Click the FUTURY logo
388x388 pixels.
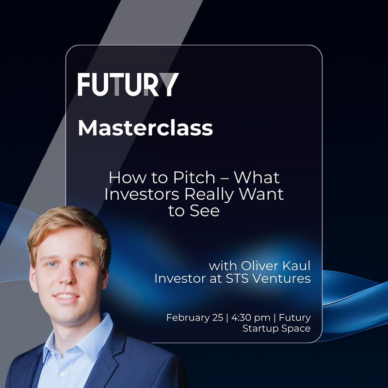point(128,84)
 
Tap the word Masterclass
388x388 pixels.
point(145,128)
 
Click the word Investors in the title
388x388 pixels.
point(142,194)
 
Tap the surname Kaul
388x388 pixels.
point(296,266)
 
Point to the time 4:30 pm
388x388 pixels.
point(251,318)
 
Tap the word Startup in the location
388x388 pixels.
point(259,329)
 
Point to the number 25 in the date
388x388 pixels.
point(217,318)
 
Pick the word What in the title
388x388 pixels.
point(257,178)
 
